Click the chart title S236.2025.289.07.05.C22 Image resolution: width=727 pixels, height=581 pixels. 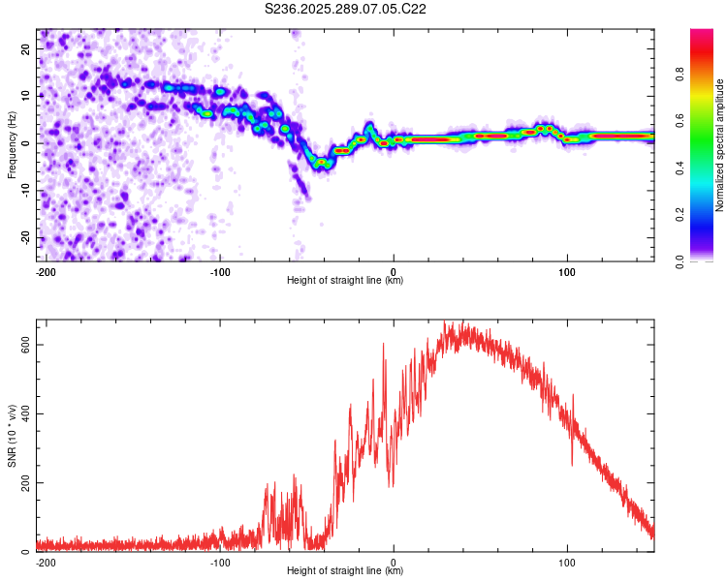[346, 9]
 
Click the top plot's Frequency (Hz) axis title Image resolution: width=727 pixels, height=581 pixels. [12, 145]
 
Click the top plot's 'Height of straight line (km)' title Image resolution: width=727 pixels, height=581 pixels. [345, 280]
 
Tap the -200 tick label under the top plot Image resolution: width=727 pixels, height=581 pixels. [44, 271]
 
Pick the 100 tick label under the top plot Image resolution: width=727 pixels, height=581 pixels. [567, 271]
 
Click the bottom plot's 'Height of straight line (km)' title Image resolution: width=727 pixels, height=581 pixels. [345, 570]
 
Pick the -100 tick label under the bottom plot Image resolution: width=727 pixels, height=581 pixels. [220, 562]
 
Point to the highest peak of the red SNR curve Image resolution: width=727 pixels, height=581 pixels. [445, 321]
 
